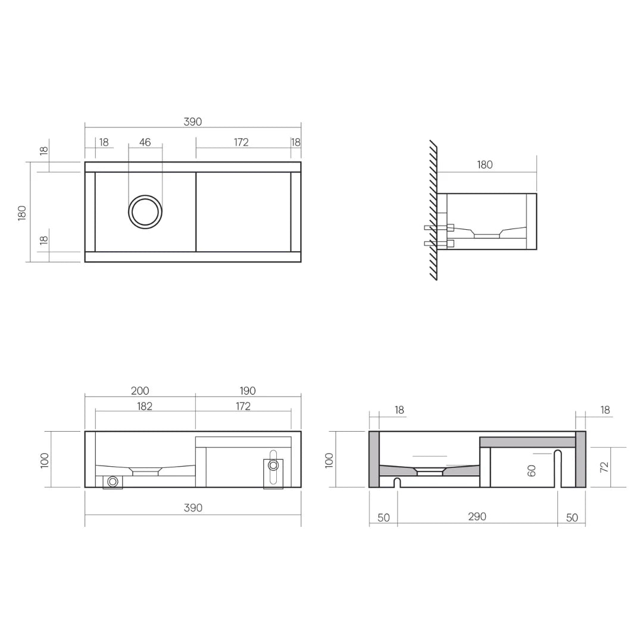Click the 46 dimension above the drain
[x=145, y=142]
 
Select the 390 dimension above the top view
[x=193, y=122]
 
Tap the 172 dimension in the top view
[x=241, y=142]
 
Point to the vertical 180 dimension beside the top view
[x=22, y=213]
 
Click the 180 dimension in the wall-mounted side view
[x=485, y=165]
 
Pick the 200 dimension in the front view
[x=140, y=391]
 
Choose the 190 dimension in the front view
[x=248, y=391]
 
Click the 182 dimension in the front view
[x=144, y=406]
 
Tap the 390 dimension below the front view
[x=193, y=508]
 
